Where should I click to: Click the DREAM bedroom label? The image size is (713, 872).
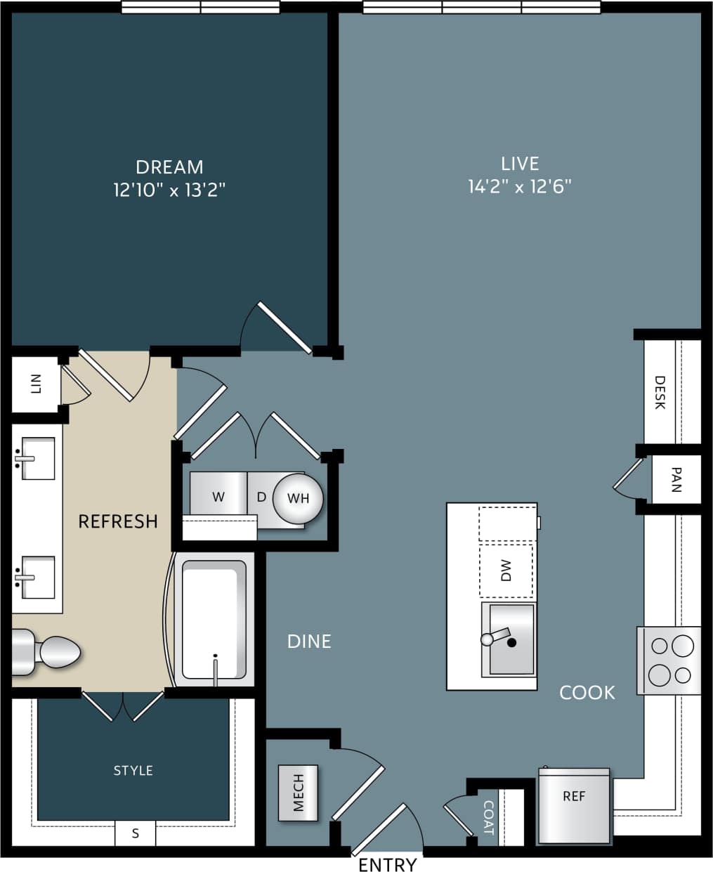[169, 167]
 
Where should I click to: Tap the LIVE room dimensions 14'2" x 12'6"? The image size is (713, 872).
[519, 187]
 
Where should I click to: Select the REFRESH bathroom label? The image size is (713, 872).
[117, 521]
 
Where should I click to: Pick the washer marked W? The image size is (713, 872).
[218, 497]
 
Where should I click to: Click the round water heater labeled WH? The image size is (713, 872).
[298, 499]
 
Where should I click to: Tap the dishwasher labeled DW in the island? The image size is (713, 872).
[506, 571]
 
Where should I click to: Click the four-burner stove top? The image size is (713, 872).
[669, 660]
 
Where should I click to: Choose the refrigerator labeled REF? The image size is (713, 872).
[574, 805]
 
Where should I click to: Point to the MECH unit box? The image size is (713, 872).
[298, 793]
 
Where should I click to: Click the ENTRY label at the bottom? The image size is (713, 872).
[387, 864]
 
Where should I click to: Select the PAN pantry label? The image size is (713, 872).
[676, 480]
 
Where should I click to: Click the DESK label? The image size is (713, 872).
[660, 392]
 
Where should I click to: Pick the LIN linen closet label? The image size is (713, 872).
[36, 384]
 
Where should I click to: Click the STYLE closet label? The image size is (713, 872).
[133, 771]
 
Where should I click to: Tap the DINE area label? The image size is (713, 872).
[309, 642]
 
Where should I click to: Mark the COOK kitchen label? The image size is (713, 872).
[587, 693]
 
